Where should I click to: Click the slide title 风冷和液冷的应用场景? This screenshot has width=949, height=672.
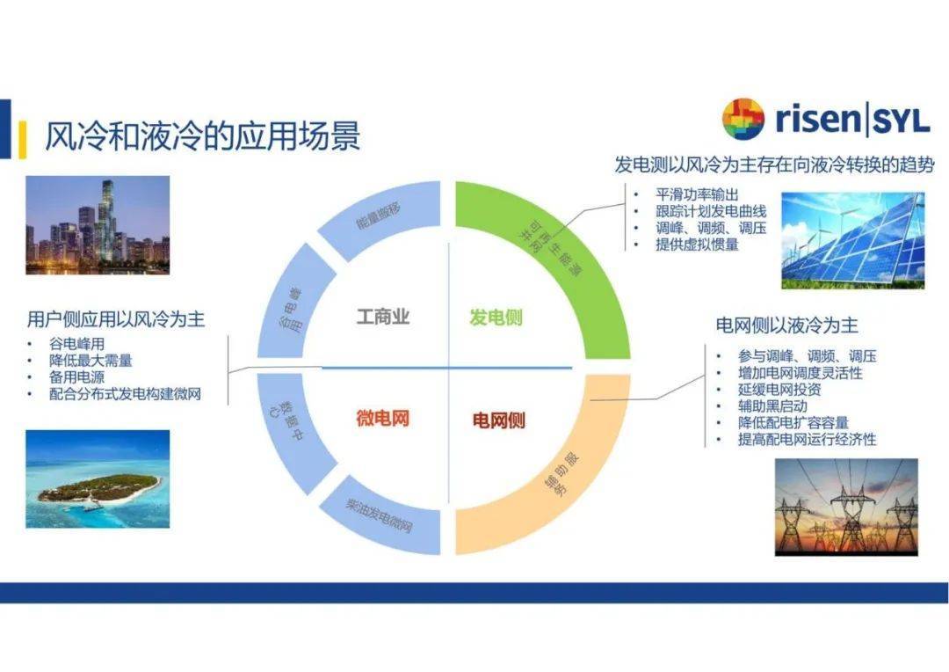(x=202, y=137)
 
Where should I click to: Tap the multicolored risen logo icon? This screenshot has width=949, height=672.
(x=743, y=120)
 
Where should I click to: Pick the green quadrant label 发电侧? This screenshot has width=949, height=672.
(x=496, y=317)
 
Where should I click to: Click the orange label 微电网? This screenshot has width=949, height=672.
(x=382, y=418)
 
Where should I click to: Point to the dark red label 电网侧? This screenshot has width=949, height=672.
(x=498, y=420)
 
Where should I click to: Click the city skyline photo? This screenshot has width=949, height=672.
(x=97, y=224)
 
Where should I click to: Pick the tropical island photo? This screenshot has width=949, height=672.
(x=97, y=478)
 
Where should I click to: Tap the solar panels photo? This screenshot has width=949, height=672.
(x=852, y=240)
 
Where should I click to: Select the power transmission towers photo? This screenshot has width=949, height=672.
(x=845, y=507)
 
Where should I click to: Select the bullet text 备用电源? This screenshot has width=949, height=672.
(x=77, y=377)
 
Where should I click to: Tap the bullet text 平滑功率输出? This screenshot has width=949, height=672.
(x=697, y=194)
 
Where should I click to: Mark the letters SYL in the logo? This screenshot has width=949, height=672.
(x=901, y=121)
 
